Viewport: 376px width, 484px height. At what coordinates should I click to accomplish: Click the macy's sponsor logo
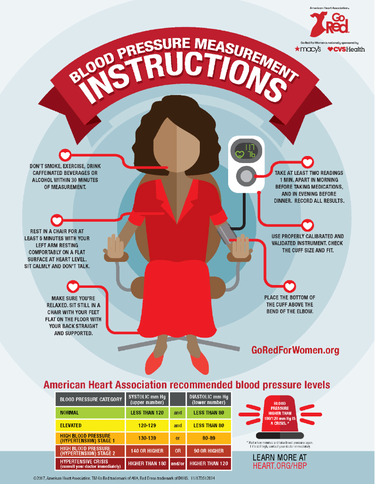point(308,49)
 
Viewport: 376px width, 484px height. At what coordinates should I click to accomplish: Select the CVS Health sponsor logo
point(346,49)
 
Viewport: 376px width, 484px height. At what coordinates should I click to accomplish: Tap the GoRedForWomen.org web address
point(295,350)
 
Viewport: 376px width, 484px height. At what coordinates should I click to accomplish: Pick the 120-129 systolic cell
point(146,425)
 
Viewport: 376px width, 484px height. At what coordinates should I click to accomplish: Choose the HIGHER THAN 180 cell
point(146,464)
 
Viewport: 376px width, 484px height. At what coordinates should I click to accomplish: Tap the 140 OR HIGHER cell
point(146,451)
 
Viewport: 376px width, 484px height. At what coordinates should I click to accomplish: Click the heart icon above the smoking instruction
point(65,155)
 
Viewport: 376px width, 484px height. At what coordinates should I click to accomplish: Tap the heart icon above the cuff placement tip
point(290,285)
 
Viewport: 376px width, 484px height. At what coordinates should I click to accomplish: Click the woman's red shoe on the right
point(199,363)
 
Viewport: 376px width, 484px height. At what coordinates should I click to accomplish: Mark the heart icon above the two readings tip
point(308,162)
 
